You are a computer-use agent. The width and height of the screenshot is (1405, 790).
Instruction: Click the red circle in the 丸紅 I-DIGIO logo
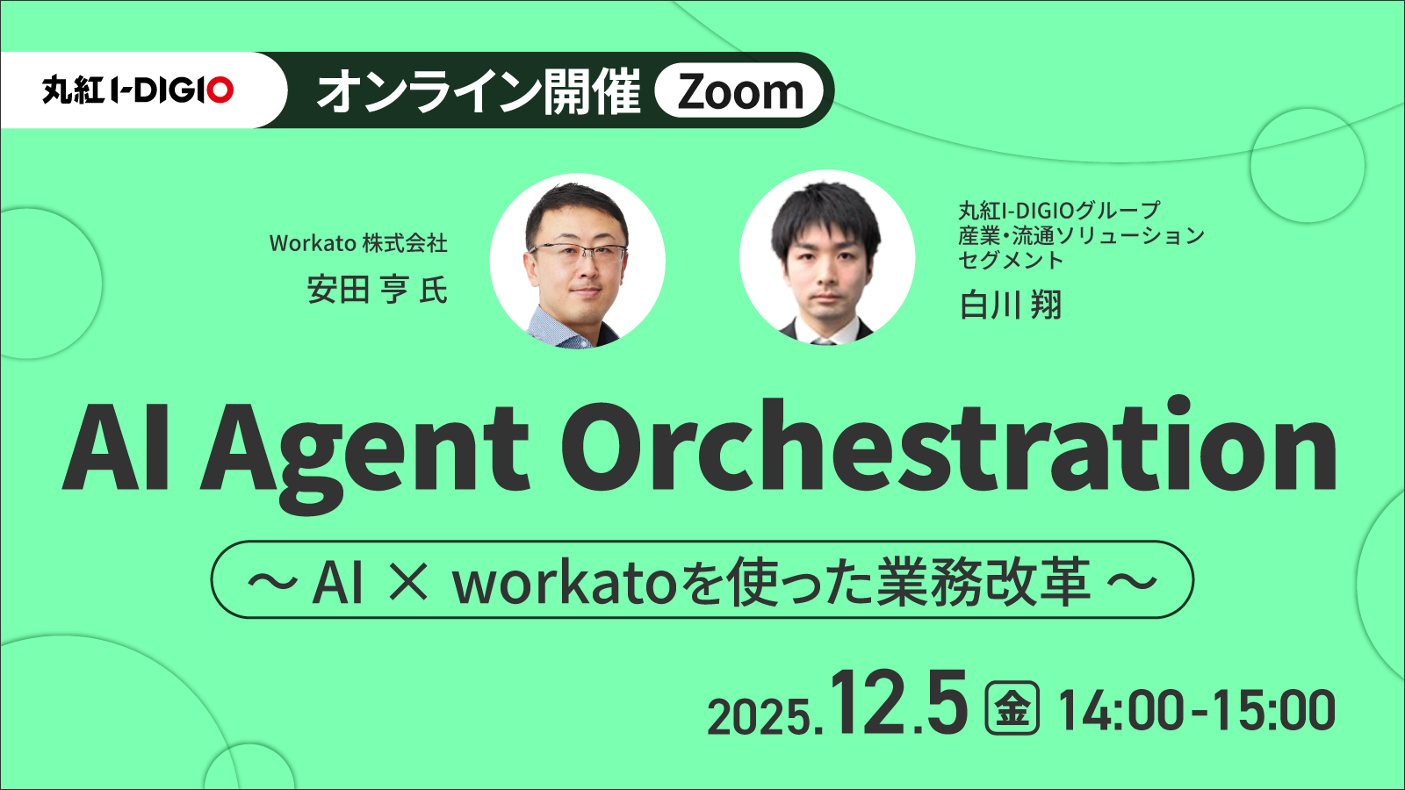tap(220, 90)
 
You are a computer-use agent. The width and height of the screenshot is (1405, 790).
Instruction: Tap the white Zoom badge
tap(739, 90)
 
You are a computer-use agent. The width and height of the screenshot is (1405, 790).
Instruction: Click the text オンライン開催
tap(479, 91)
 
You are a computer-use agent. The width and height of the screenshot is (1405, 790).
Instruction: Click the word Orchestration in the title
tap(948, 444)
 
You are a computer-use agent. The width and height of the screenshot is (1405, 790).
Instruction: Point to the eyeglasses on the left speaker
tap(577, 253)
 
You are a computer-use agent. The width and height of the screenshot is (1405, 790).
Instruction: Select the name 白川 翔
tap(1011, 305)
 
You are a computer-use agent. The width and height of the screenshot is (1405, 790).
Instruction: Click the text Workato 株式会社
tap(358, 242)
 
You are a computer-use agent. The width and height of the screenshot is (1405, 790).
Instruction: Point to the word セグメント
tap(1011, 260)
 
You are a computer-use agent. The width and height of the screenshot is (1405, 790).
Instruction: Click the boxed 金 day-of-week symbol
tap(1012, 707)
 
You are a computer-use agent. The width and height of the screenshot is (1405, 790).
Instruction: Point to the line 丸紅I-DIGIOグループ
tap(1059, 210)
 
